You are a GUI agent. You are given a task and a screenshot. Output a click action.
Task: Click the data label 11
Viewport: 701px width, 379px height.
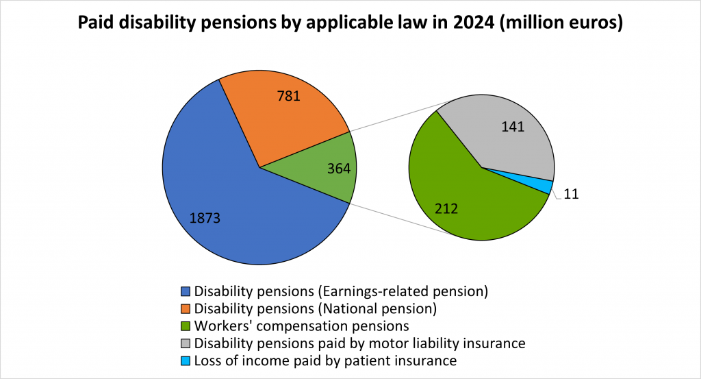pos(572,195)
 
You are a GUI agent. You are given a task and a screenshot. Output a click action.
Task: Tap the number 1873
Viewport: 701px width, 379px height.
pos(205,219)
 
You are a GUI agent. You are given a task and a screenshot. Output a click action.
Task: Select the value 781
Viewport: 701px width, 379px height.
pos(289,97)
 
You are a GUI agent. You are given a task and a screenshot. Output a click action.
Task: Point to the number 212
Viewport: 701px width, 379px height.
pos(446,208)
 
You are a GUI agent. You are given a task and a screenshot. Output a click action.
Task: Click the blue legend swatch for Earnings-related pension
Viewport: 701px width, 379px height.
pos(186,291)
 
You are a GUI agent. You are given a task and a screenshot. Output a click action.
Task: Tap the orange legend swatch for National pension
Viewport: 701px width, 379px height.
pos(186,308)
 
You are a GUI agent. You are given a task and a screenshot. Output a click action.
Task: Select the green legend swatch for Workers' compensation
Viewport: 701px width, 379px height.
pos(186,326)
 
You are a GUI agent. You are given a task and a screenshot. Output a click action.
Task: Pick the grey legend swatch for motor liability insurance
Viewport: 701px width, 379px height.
pos(186,343)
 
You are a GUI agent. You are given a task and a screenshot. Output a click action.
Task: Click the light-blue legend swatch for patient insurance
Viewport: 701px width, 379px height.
pos(186,360)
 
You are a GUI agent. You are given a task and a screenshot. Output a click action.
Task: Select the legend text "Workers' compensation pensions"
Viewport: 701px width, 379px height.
pos(302,326)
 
